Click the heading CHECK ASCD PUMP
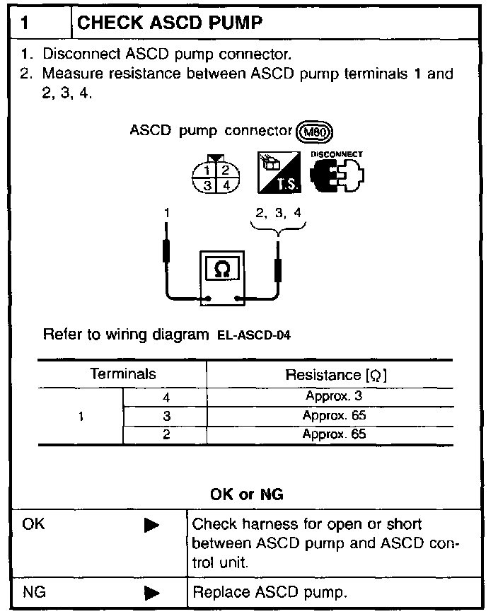pos(170,23)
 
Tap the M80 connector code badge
pos(315,132)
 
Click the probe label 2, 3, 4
pos(277,212)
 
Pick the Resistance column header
pos(335,374)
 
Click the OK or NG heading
pos(247,494)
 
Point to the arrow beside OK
pos(151,526)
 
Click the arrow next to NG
pos(151,592)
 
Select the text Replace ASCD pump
pos(270,592)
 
